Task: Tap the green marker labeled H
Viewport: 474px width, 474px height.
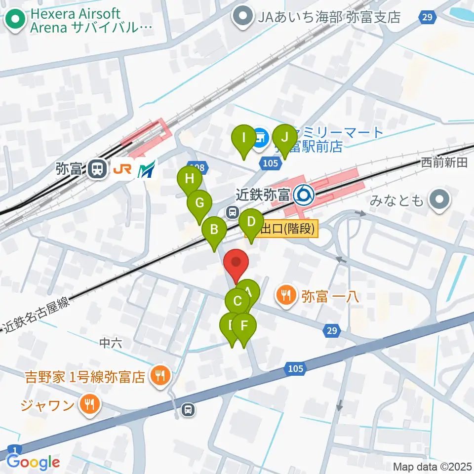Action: pos(189,179)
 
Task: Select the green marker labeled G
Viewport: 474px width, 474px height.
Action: pos(199,203)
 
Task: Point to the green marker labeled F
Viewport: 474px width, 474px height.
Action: pos(244,326)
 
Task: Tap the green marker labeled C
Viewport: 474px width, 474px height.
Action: pos(237,301)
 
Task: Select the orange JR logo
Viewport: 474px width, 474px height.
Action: pos(122,169)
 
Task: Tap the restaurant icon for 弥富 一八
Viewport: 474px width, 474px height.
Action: pos(286,296)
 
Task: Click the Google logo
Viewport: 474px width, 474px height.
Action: pos(34,462)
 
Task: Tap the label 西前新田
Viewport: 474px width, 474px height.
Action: pos(444,163)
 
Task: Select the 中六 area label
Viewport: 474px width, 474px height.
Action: pos(111,343)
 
